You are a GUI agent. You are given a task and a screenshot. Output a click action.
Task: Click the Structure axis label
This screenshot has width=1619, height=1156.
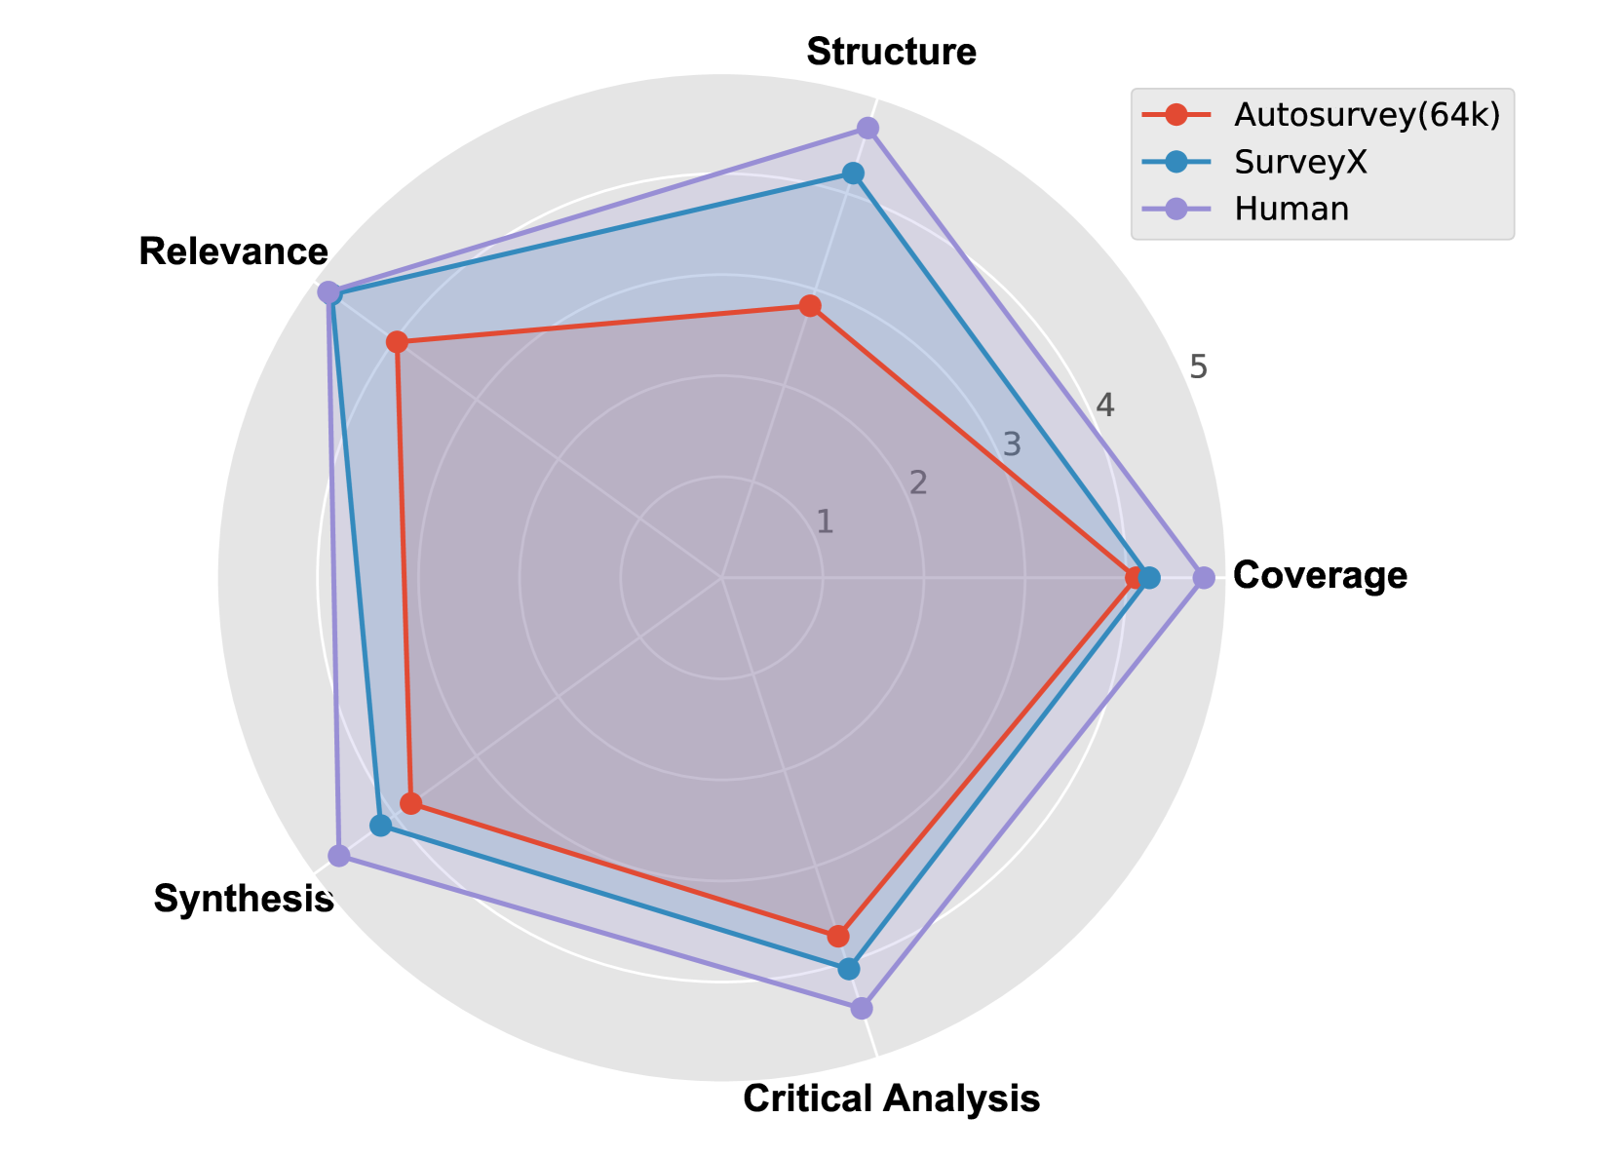click(891, 52)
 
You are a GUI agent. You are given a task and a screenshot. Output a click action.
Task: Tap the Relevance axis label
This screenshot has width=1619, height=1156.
click(233, 251)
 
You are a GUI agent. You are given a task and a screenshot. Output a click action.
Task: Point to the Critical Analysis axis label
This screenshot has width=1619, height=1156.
click(891, 1098)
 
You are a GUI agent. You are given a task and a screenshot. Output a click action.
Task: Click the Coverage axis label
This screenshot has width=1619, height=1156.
click(1320, 576)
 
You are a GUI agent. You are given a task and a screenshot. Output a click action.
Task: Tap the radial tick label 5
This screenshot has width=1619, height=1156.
click(1198, 367)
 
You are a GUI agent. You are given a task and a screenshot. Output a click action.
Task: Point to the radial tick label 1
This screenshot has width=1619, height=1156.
click(825, 521)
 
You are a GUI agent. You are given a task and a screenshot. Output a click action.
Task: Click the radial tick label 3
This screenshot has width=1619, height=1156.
click(1012, 444)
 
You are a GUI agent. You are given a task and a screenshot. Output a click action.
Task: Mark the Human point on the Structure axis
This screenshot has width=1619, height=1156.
click(867, 128)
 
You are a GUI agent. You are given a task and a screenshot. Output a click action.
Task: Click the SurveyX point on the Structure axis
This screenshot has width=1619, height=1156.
click(853, 173)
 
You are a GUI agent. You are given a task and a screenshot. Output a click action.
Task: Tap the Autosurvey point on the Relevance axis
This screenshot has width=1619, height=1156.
click(396, 342)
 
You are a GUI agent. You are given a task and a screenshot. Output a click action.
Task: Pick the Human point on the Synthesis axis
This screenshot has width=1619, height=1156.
click(338, 856)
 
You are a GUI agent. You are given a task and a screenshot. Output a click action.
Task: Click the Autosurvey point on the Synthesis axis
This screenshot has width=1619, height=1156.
click(411, 804)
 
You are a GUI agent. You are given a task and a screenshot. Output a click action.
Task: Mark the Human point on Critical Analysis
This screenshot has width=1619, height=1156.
click(861, 1007)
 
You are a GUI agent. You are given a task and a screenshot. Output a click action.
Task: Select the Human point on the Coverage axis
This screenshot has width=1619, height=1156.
click(1204, 578)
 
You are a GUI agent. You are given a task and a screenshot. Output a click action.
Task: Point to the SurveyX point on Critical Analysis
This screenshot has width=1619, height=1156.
click(849, 969)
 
